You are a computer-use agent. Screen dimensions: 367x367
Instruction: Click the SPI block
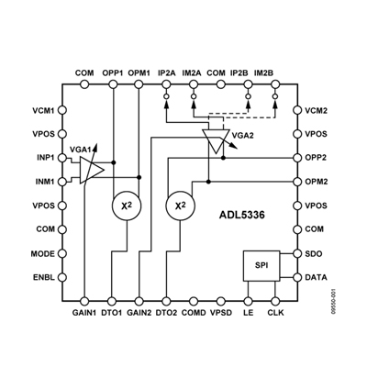(261, 266)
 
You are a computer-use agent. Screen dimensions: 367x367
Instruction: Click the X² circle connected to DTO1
(127, 206)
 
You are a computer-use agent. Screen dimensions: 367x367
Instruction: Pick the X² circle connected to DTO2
(180, 206)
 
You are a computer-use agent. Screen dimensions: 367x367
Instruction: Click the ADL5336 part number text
(242, 215)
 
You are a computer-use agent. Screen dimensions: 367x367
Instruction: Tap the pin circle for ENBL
(62, 277)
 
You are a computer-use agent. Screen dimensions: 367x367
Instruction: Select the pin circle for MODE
(62, 253)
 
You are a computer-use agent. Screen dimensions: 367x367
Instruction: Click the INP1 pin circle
(62, 158)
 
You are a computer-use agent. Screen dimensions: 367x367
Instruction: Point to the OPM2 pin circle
(297, 182)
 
